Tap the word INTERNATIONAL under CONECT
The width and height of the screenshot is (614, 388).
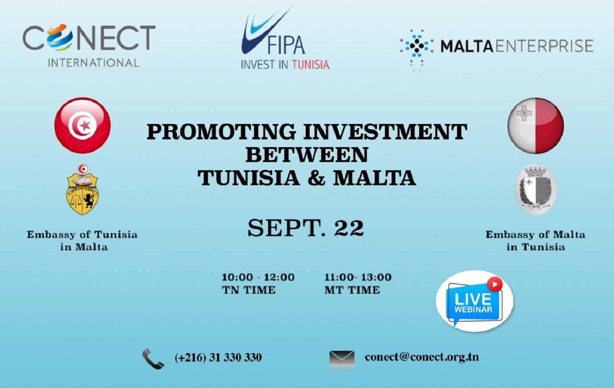(x=93, y=63)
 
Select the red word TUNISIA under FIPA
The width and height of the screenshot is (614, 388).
(x=311, y=65)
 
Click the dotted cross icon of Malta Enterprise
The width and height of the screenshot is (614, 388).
(x=416, y=49)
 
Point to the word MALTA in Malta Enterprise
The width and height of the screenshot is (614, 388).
(x=467, y=46)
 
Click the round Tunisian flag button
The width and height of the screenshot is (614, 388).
(x=82, y=125)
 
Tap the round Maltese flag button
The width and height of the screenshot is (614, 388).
(x=536, y=126)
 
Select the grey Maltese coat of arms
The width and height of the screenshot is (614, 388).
(x=536, y=189)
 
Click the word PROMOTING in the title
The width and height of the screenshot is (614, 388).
(x=222, y=132)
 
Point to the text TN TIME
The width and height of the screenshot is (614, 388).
(x=249, y=290)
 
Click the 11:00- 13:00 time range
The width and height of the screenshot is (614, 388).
(x=358, y=277)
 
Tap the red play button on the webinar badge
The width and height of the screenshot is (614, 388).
(x=494, y=284)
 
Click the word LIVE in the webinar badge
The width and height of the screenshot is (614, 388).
(x=473, y=299)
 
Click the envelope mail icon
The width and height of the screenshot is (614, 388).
(x=342, y=358)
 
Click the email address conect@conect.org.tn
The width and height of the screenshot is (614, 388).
(x=422, y=357)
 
